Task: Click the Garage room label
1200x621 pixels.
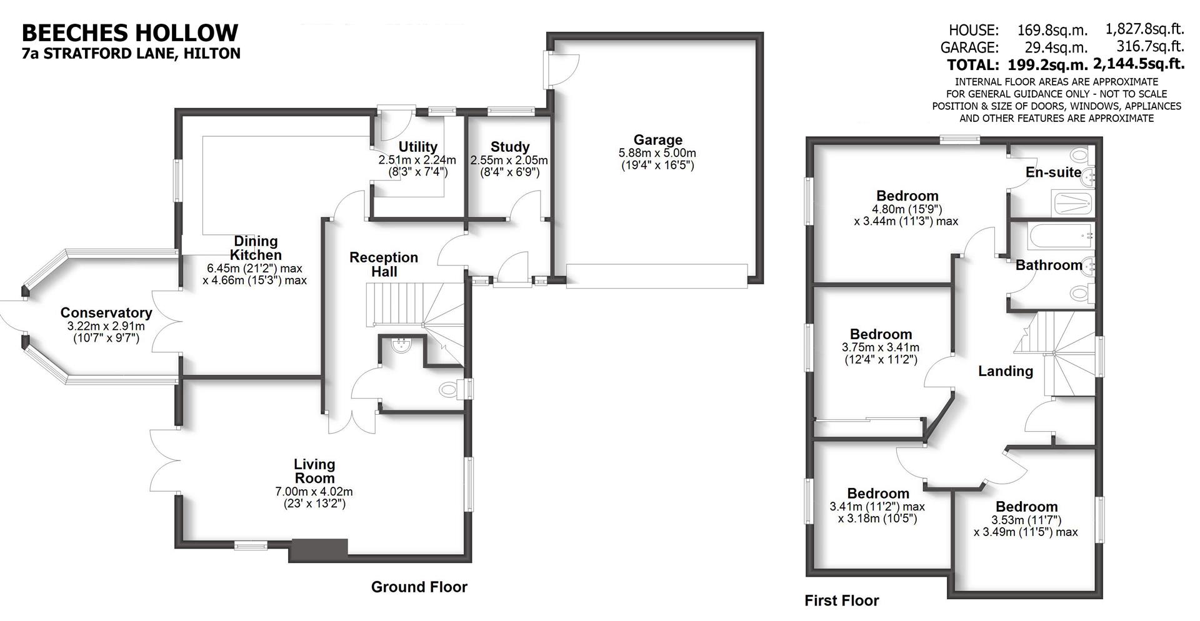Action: (657, 140)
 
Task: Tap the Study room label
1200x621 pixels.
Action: (510, 147)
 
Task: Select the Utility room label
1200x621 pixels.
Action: (417, 147)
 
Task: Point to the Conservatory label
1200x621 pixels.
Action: (106, 312)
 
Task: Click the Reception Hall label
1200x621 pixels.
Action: (384, 264)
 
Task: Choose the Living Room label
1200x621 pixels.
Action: (314, 471)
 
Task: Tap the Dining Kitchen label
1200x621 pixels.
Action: (256, 248)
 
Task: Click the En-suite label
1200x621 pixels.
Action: (1053, 172)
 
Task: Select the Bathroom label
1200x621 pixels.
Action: (1049, 265)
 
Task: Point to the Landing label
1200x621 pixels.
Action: (1005, 371)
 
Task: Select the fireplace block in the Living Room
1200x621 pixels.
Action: (318, 549)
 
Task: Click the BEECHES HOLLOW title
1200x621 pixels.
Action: (130, 32)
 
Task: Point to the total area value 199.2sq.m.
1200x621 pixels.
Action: (1047, 64)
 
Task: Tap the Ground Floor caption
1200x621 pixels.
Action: (419, 587)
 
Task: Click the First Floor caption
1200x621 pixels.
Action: (841, 601)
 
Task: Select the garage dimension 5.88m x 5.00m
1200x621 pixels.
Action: (657, 153)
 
